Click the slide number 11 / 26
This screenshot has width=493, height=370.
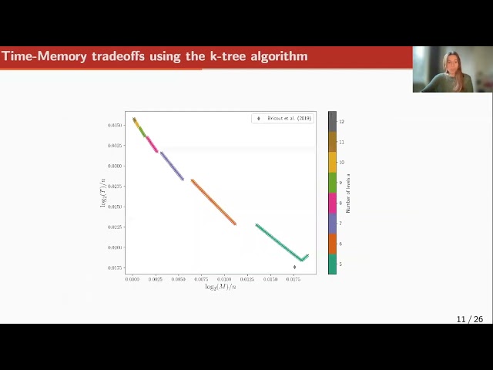point(469,319)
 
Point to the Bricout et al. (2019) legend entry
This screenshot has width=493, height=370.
point(284,119)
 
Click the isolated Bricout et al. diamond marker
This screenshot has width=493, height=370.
point(294,267)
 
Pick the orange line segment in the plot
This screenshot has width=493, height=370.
point(213,202)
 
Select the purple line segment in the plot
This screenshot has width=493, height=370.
point(172,166)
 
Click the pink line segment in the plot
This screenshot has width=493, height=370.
point(152,144)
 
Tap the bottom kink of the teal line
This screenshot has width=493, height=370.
point(302,260)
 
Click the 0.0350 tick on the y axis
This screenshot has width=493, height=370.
point(114,125)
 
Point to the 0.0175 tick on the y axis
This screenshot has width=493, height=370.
point(114,267)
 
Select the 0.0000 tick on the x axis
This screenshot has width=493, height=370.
point(132,279)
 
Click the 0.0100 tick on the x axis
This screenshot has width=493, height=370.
point(224,279)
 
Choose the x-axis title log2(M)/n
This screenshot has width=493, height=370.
point(220,287)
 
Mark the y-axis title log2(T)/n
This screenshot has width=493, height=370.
point(103,193)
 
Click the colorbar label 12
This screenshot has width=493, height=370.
point(341,122)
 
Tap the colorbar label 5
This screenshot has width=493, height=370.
point(340,264)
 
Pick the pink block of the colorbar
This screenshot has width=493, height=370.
point(332,203)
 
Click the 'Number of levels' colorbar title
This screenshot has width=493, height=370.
point(348,193)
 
